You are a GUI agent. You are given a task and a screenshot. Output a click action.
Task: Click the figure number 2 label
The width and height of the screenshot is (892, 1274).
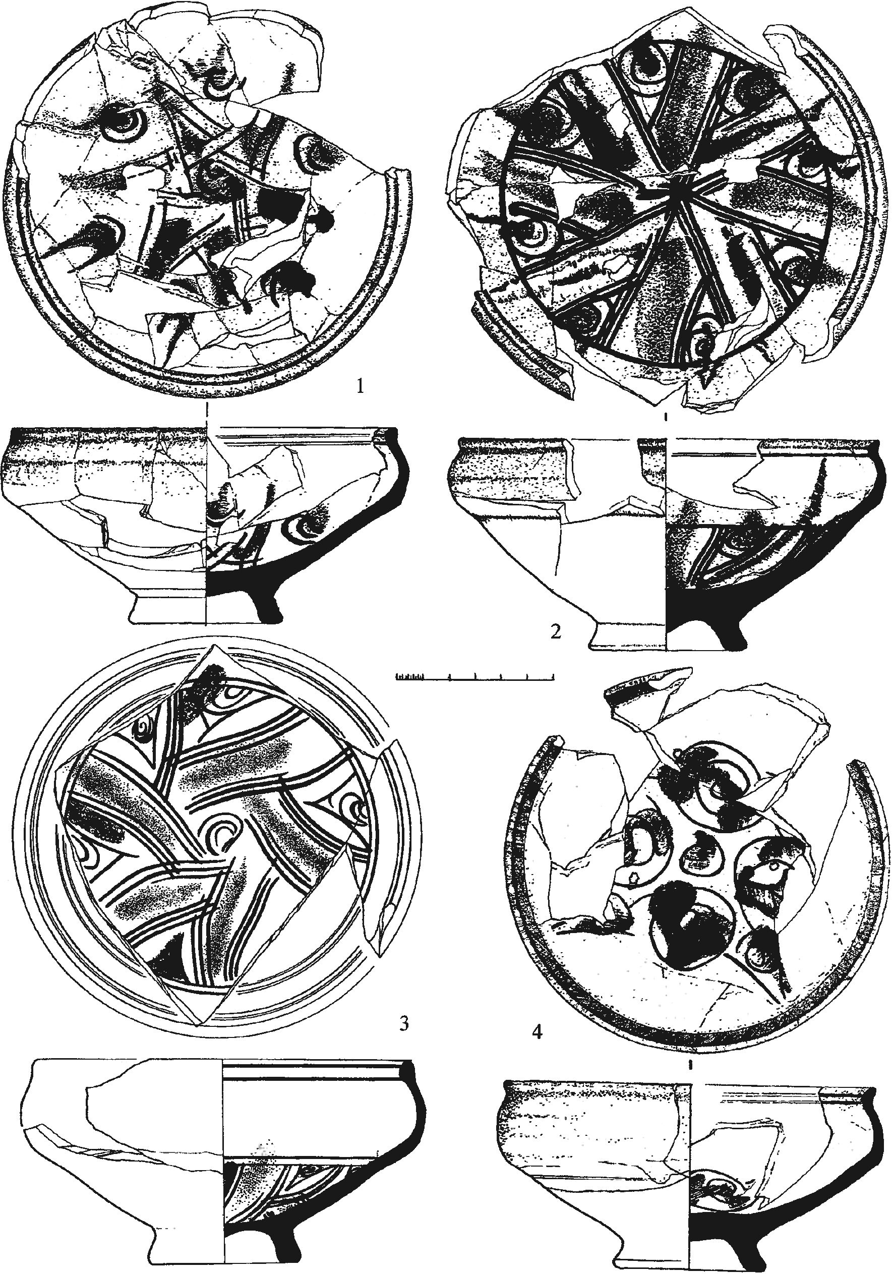[556, 631]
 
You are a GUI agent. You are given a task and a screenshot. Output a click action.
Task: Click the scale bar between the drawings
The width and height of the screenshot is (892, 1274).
[475, 676]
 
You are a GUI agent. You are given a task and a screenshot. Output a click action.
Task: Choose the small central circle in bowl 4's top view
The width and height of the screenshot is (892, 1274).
[700, 858]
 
